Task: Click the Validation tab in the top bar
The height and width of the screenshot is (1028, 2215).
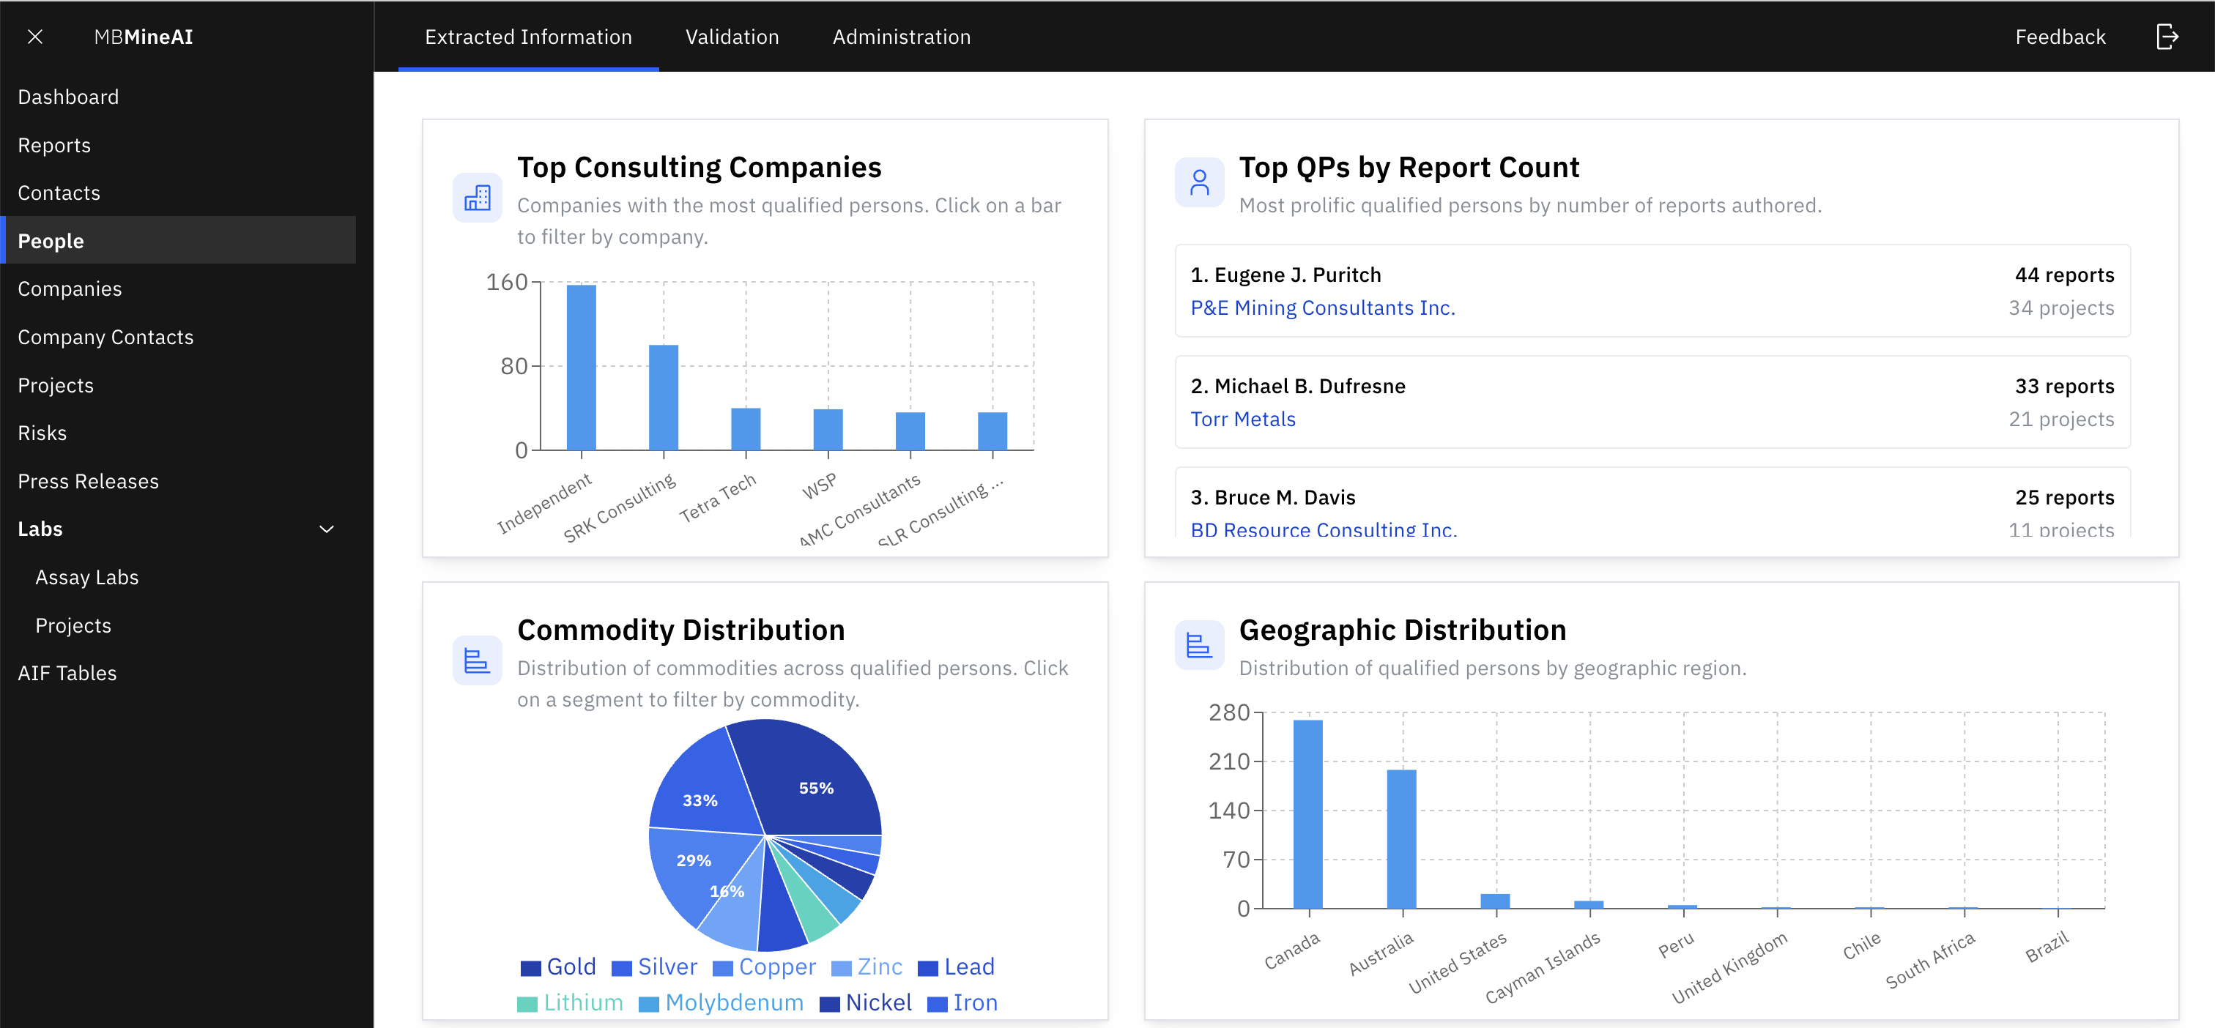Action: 732,37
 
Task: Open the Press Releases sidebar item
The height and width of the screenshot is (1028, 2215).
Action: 88,481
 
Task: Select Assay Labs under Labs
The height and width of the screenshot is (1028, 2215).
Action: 87,578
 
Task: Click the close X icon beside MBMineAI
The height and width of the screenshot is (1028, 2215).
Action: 35,37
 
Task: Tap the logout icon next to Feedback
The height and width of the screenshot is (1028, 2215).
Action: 2167,37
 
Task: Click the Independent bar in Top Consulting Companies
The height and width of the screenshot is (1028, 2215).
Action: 582,367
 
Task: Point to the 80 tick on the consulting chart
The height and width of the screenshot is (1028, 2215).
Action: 514,366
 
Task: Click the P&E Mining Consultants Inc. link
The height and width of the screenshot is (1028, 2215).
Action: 1321,308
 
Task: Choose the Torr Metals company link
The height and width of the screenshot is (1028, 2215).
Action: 1242,420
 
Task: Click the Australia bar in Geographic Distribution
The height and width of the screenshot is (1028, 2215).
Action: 1401,838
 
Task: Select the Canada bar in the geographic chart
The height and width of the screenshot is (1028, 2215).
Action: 1308,813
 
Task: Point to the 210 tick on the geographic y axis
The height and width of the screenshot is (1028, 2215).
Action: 1229,761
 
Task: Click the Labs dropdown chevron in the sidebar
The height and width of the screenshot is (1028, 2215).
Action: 327,529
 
